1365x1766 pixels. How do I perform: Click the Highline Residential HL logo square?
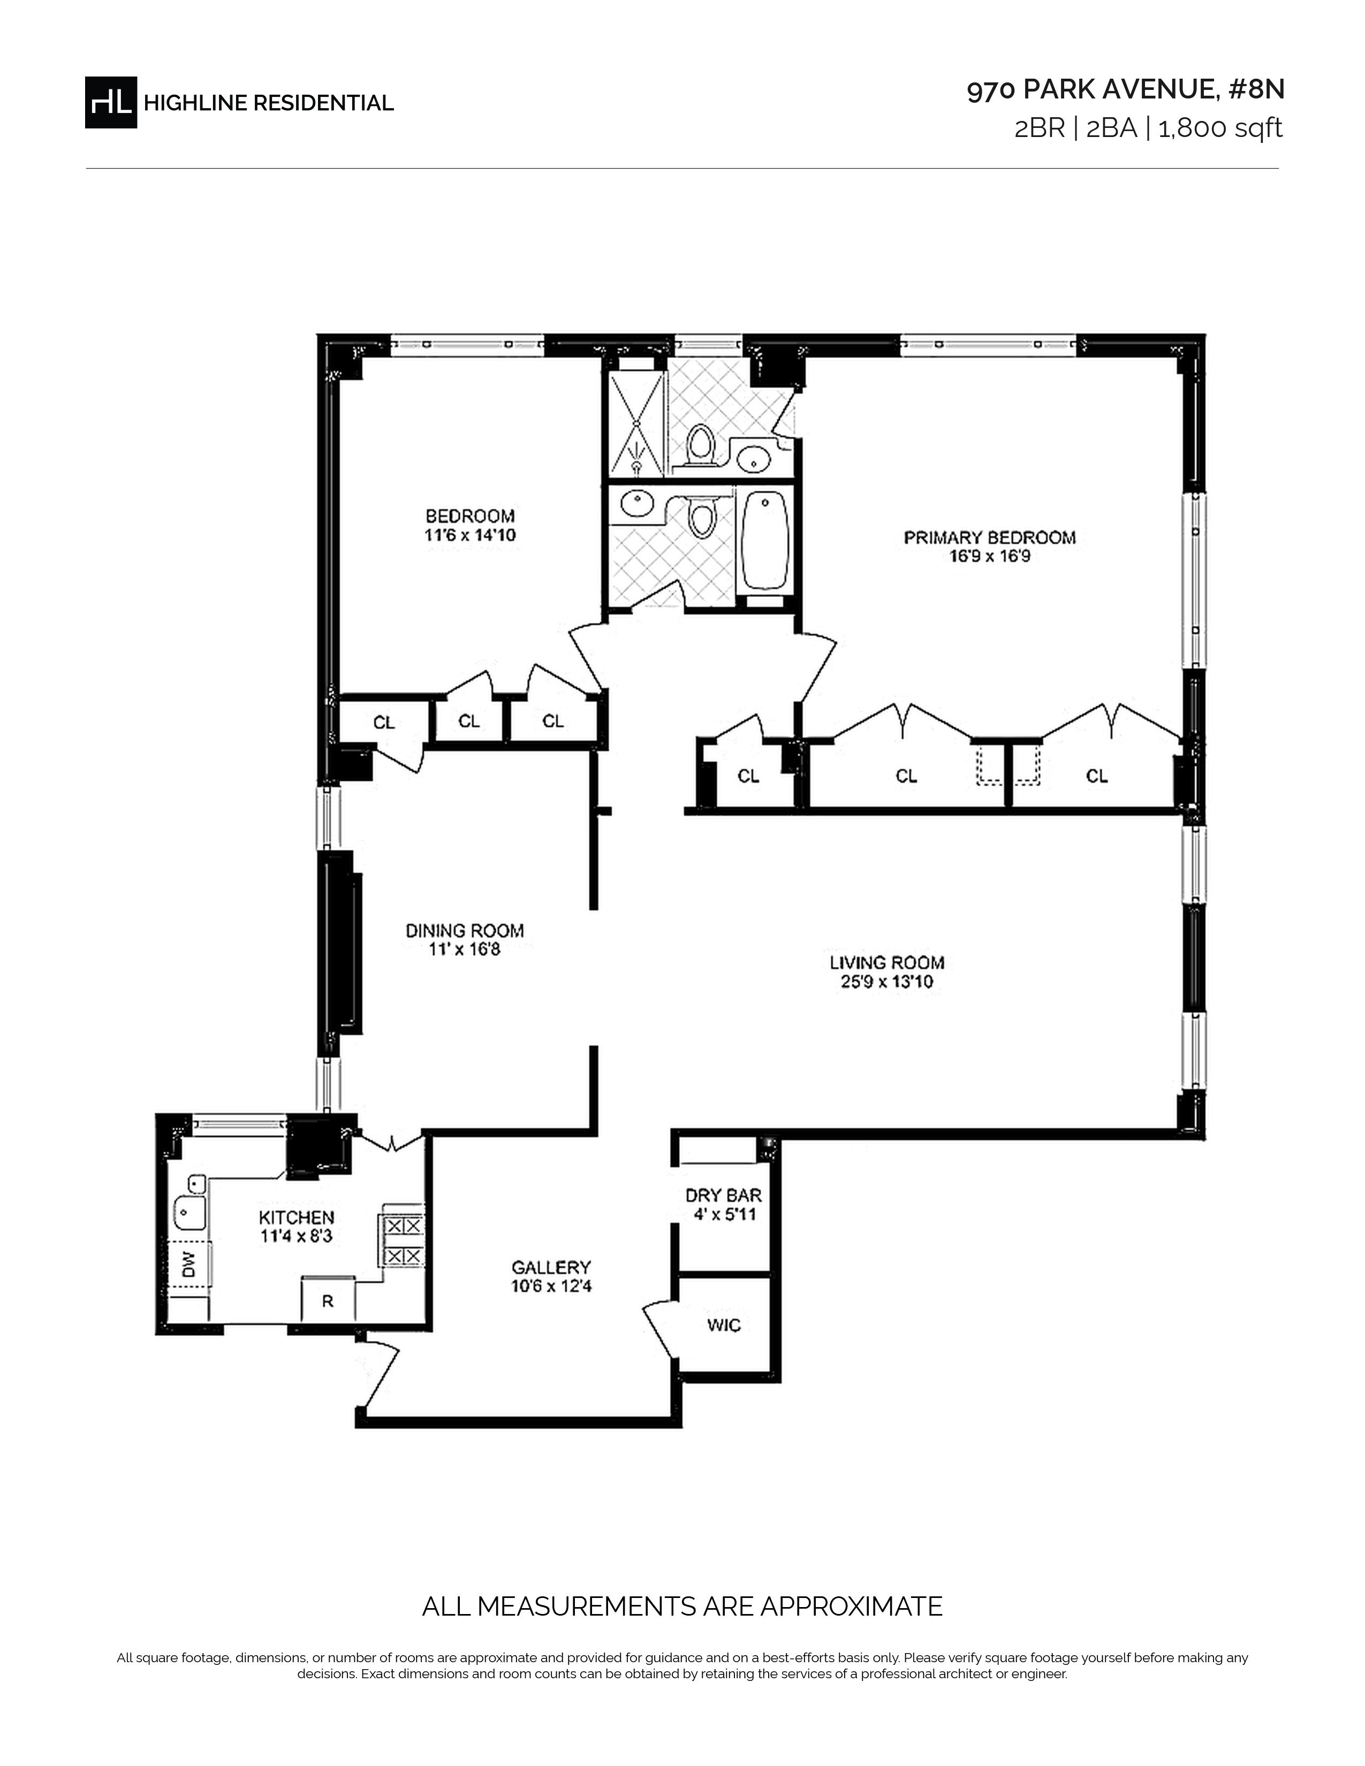point(111,102)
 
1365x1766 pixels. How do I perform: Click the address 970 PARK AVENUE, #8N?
point(1126,90)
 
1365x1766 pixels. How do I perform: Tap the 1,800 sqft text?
point(1221,128)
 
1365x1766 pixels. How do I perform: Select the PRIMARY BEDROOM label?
point(990,537)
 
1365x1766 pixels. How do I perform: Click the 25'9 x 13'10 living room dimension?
point(887,981)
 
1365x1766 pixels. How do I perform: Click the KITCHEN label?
point(296,1217)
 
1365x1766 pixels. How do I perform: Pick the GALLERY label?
point(551,1267)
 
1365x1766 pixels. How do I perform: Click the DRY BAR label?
point(723,1195)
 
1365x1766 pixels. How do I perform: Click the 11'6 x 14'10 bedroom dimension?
point(470,535)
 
